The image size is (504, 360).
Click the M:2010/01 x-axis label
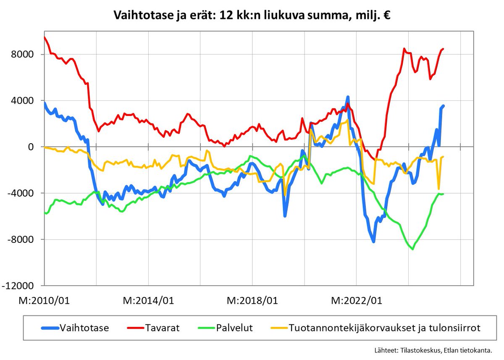click(44, 301)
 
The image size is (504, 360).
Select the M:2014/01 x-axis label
click(148, 301)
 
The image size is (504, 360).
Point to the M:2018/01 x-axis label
click(252, 301)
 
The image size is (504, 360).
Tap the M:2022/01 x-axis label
click(357, 301)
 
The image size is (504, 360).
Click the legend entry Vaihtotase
click(84, 328)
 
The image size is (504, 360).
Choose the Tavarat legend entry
click(162, 328)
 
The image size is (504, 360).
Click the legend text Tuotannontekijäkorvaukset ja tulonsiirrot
click(384, 328)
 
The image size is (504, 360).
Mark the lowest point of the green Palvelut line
click(413, 249)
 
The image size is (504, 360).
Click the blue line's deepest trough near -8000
click(373, 242)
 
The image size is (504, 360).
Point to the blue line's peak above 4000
click(348, 97)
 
